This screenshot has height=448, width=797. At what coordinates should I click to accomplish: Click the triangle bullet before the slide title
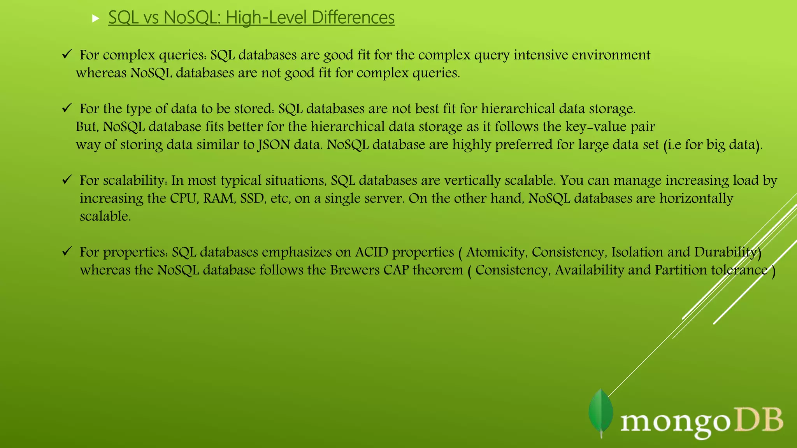96,18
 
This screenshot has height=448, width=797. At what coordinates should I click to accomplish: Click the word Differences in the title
353,17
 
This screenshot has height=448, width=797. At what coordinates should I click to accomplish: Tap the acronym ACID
372,252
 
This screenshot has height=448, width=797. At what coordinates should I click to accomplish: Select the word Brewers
355,270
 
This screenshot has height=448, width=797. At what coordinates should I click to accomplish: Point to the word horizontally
696,198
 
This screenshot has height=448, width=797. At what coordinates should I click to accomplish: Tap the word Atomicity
497,252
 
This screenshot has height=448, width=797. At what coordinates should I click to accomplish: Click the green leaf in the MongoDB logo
601,413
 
